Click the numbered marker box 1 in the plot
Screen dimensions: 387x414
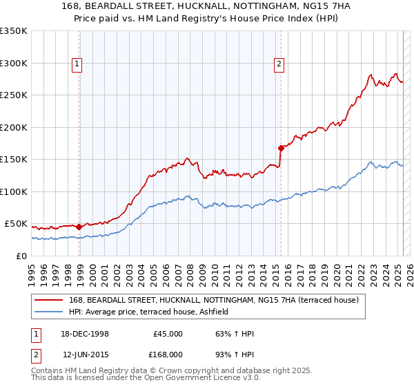point(77,64)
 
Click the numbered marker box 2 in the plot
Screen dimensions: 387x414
point(279,64)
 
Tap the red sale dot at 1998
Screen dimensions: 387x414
point(79,227)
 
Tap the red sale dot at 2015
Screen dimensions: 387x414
point(281,148)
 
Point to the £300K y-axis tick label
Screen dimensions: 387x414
point(14,63)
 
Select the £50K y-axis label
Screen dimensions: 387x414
point(17,224)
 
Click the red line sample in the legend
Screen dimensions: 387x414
point(48,301)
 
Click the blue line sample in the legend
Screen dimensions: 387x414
point(48,312)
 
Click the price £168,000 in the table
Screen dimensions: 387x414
point(168,355)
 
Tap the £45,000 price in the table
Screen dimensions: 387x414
point(168,334)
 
